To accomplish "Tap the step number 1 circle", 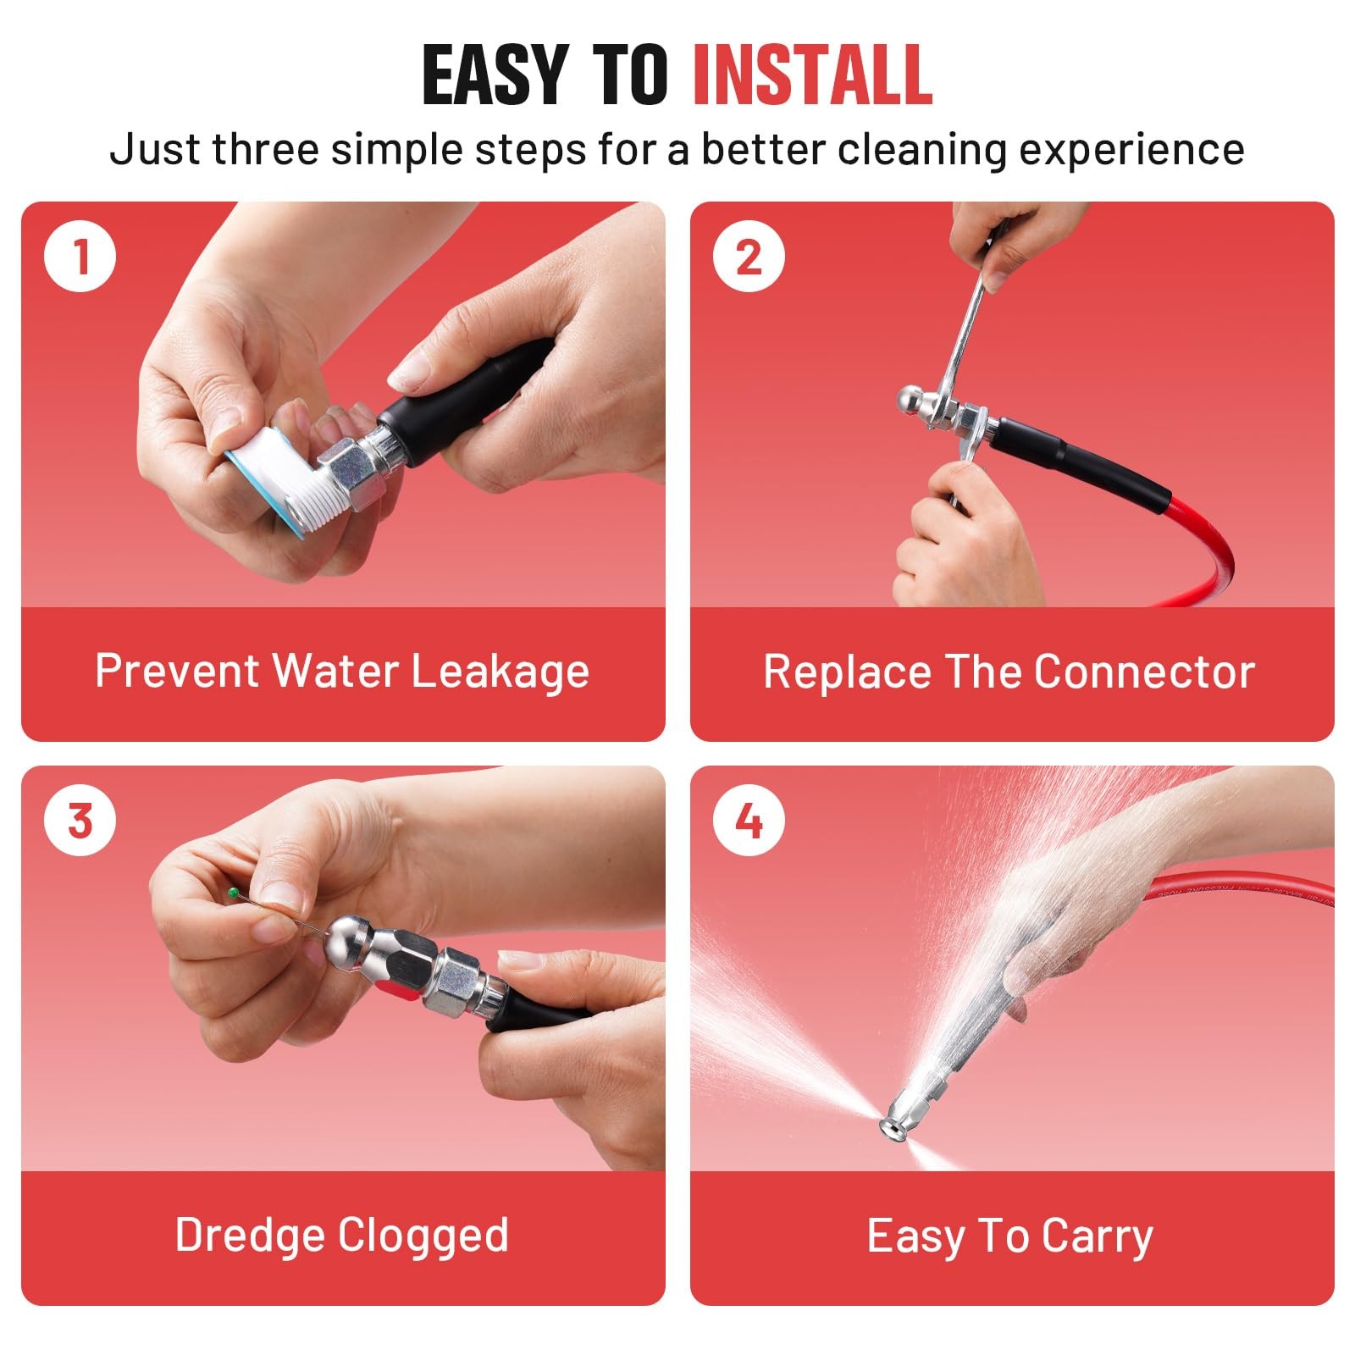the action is [80, 256].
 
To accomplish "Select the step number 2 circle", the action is [749, 256].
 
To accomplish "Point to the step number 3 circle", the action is [80, 821].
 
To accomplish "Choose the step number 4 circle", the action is [749, 821].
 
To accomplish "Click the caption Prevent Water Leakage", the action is [342, 672].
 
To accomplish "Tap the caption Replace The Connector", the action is [1009, 672].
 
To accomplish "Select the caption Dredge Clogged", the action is [342, 1236].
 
